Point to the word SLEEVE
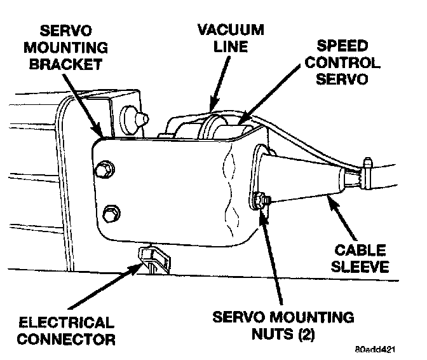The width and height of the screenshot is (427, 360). coord(362,267)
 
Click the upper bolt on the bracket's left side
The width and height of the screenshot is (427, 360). coord(105,170)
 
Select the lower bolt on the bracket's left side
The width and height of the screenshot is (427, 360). coord(111,212)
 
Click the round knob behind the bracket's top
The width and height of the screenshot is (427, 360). coord(137,117)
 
